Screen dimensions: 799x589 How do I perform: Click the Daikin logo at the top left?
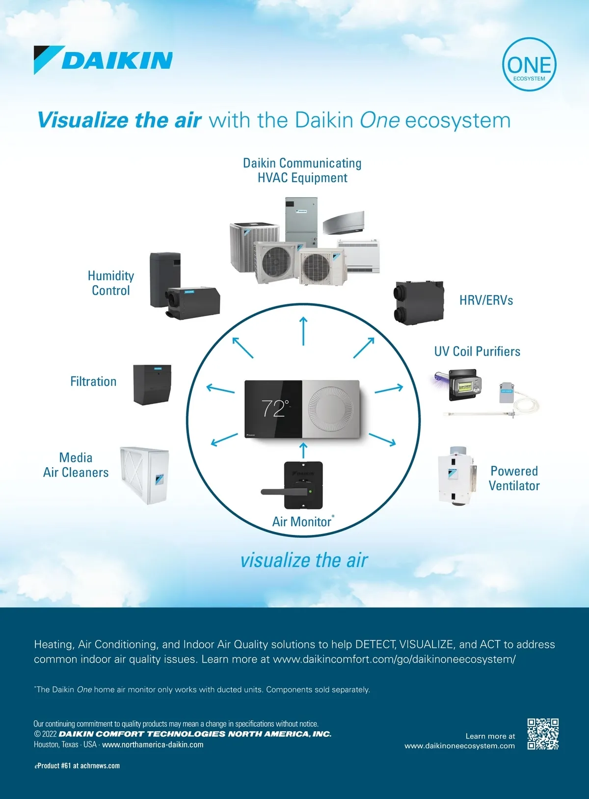(x=103, y=60)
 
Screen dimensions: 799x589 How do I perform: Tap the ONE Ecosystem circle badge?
(x=529, y=65)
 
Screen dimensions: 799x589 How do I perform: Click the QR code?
(x=543, y=734)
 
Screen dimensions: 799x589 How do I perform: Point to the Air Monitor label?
(x=302, y=521)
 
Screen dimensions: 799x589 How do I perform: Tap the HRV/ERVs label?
(x=486, y=300)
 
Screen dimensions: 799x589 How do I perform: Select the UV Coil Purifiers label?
(x=477, y=351)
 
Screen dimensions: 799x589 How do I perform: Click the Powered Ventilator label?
(x=514, y=478)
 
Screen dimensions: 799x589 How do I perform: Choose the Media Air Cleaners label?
(x=76, y=465)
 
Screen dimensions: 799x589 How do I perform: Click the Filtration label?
(x=93, y=381)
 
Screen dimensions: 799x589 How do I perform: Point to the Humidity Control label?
(x=111, y=283)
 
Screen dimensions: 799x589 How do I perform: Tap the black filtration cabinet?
(x=152, y=384)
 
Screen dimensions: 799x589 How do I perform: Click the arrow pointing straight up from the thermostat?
(x=303, y=331)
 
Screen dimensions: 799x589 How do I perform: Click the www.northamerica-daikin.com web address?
(x=153, y=745)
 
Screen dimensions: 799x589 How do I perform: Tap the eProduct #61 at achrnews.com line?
(x=77, y=766)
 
